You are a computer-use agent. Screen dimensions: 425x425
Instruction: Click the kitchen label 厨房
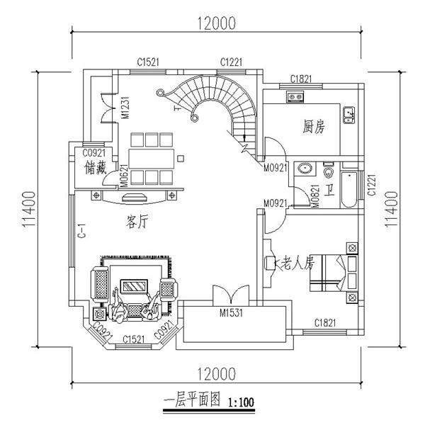[313, 127]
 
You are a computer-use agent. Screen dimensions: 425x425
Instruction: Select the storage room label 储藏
[95, 167]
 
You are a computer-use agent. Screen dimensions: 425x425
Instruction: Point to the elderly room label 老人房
[297, 264]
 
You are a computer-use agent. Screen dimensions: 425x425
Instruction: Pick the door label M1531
[232, 312]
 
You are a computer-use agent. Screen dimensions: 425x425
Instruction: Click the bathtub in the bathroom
[349, 189]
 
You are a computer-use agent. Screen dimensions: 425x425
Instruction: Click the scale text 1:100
[242, 403]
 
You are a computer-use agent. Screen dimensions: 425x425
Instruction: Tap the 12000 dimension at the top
[212, 23]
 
